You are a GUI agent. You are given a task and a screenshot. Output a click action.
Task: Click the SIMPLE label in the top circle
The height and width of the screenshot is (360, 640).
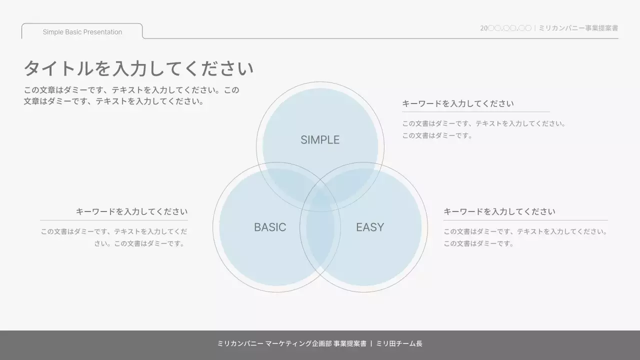320,140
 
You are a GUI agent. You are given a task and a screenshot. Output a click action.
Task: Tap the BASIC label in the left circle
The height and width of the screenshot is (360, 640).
270,227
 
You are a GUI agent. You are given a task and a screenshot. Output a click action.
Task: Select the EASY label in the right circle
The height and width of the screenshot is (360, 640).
370,227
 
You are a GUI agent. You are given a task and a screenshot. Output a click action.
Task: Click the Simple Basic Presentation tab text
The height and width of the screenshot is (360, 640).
82,32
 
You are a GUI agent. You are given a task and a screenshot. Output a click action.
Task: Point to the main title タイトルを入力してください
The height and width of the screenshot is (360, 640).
138,68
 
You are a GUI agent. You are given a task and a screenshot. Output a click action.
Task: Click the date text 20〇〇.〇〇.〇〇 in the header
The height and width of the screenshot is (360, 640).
505,28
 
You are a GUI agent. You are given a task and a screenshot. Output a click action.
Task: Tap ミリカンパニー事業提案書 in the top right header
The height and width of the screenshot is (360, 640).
578,28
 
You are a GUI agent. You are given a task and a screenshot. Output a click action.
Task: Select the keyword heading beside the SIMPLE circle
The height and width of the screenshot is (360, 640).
458,103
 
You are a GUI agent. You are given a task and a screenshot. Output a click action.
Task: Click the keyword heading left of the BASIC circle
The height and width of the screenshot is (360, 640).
131,211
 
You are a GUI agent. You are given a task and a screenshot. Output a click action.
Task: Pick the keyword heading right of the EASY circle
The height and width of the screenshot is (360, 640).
499,211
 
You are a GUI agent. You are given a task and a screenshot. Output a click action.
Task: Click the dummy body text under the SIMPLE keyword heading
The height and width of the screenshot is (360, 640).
483,129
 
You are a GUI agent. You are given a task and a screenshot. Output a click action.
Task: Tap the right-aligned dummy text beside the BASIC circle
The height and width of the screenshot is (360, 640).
114,237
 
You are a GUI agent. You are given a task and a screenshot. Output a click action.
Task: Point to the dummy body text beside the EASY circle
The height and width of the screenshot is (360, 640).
525,237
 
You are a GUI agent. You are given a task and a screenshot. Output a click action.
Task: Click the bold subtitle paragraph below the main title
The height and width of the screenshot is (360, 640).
131,96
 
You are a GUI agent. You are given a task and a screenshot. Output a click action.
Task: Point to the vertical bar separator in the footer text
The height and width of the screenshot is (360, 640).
371,344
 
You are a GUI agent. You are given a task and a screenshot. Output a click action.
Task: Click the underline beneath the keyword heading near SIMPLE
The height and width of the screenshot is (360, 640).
475,112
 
